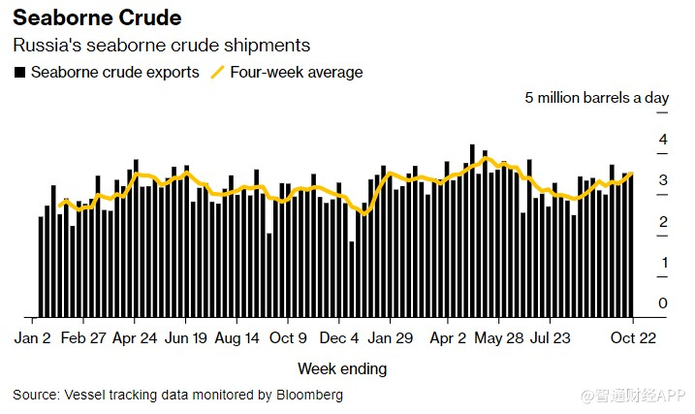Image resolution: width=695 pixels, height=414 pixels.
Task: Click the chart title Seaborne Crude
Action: [x=97, y=18]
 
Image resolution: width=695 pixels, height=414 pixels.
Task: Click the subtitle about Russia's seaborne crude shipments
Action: [x=161, y=46]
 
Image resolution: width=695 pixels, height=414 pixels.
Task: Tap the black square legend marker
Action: [x=18, y=73]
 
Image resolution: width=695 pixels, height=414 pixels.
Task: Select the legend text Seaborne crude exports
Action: [x=115, y=72]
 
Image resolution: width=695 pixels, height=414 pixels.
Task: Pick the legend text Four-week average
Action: [x=297, y=72]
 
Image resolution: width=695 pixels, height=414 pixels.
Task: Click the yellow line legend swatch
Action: [x=218, y=72]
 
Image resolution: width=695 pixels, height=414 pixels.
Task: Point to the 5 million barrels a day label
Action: [x=597, y=98]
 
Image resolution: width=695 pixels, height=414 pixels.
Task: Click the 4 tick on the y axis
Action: [x=663, y=140]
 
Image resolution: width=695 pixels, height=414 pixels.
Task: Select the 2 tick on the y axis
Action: [x=663, y=222]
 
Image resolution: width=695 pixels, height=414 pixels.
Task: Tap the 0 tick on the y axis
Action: [x=663, y=303]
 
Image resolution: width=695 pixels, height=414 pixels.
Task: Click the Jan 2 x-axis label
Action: [x=33, y=338]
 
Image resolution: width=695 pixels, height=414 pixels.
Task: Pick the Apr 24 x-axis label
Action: [x=136, y=338]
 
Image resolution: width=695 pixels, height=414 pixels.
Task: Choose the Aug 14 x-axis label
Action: [x=237, y=338]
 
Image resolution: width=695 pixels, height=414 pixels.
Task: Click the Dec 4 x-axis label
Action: [x=340, y=338]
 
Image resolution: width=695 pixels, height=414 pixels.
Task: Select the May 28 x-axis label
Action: [x=498, y=338]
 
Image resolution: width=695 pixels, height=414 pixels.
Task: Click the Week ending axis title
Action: [x=341, y=368]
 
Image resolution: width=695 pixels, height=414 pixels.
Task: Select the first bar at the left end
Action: [x=41, y=267]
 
